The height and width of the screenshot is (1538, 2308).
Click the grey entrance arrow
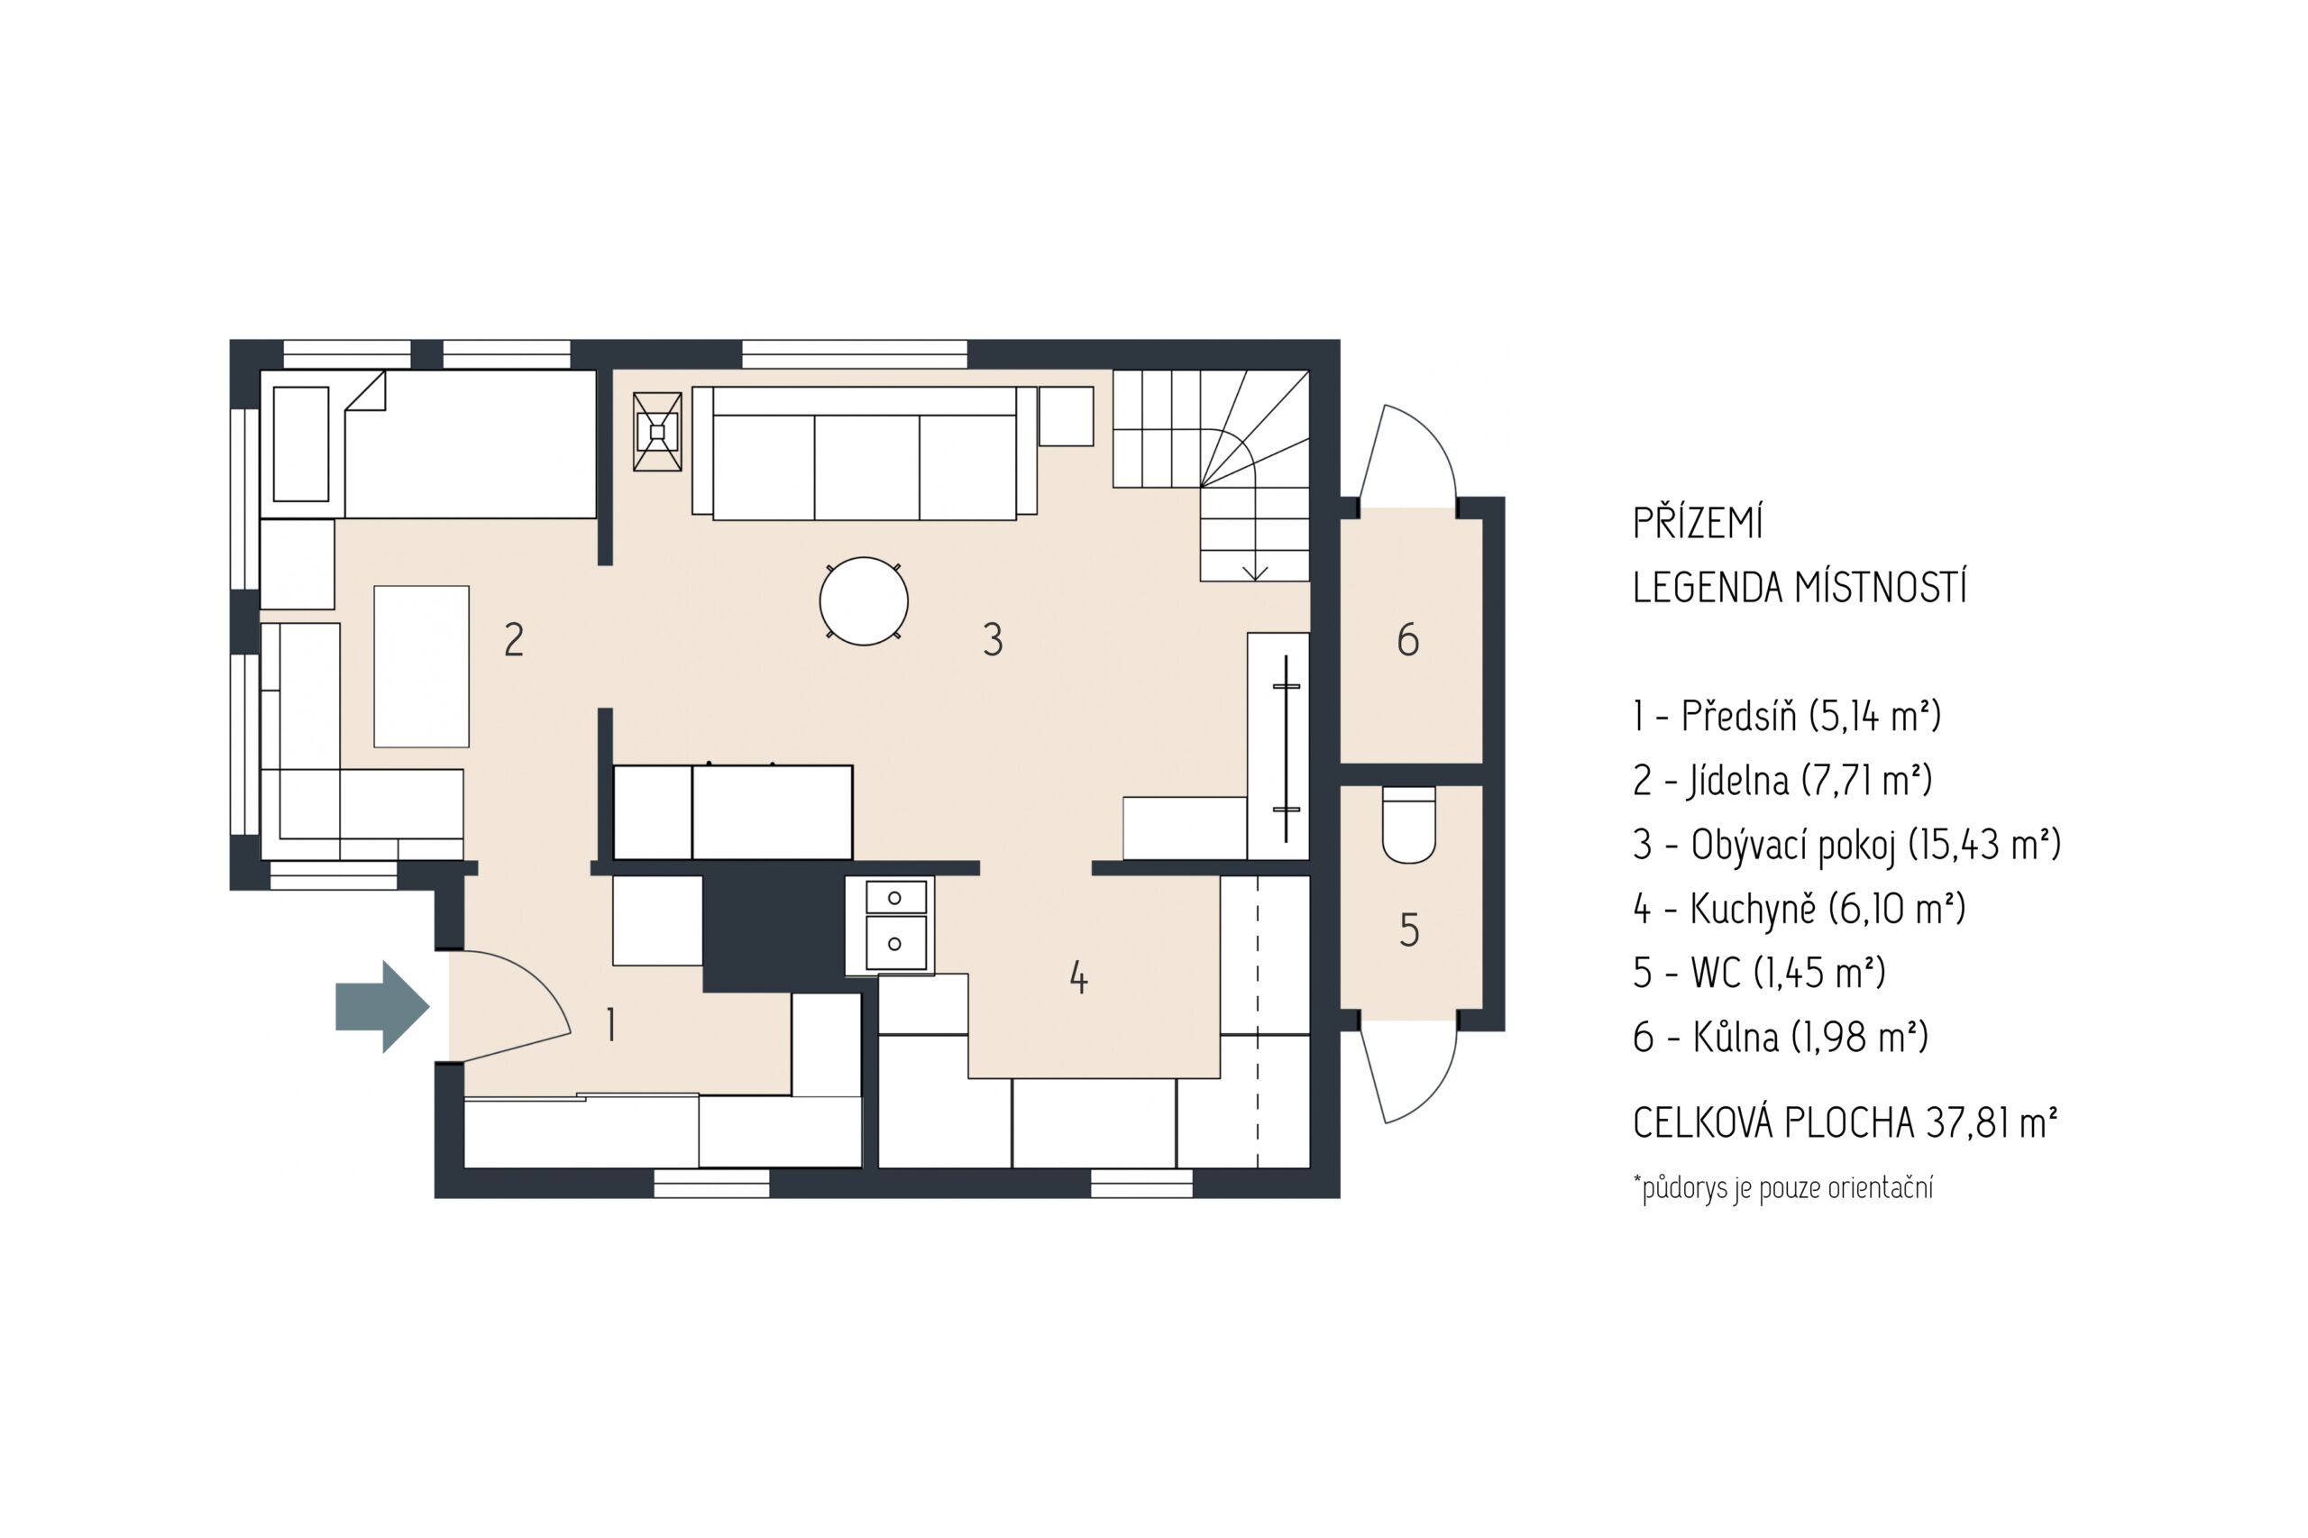382,1006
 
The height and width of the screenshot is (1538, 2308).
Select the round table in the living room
863,601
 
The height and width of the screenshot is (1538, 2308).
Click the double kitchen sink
895,925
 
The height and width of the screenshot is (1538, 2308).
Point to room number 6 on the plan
1407,640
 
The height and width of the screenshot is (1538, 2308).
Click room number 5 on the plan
1408,929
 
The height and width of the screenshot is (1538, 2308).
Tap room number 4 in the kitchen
1078,977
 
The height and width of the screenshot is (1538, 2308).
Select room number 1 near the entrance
611,1024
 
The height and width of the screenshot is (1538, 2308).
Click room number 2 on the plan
514,639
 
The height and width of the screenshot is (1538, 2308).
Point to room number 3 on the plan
993,639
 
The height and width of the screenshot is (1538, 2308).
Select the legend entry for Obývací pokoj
1847,845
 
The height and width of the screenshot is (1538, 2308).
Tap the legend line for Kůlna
1781,1037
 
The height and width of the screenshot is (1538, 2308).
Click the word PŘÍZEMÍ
1698,523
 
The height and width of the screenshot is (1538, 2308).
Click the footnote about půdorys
1783,1188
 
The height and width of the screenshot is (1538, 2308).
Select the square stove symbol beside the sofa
657,432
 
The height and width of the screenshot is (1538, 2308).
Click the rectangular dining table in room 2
422,666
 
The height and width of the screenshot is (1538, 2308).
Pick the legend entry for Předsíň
1786,717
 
